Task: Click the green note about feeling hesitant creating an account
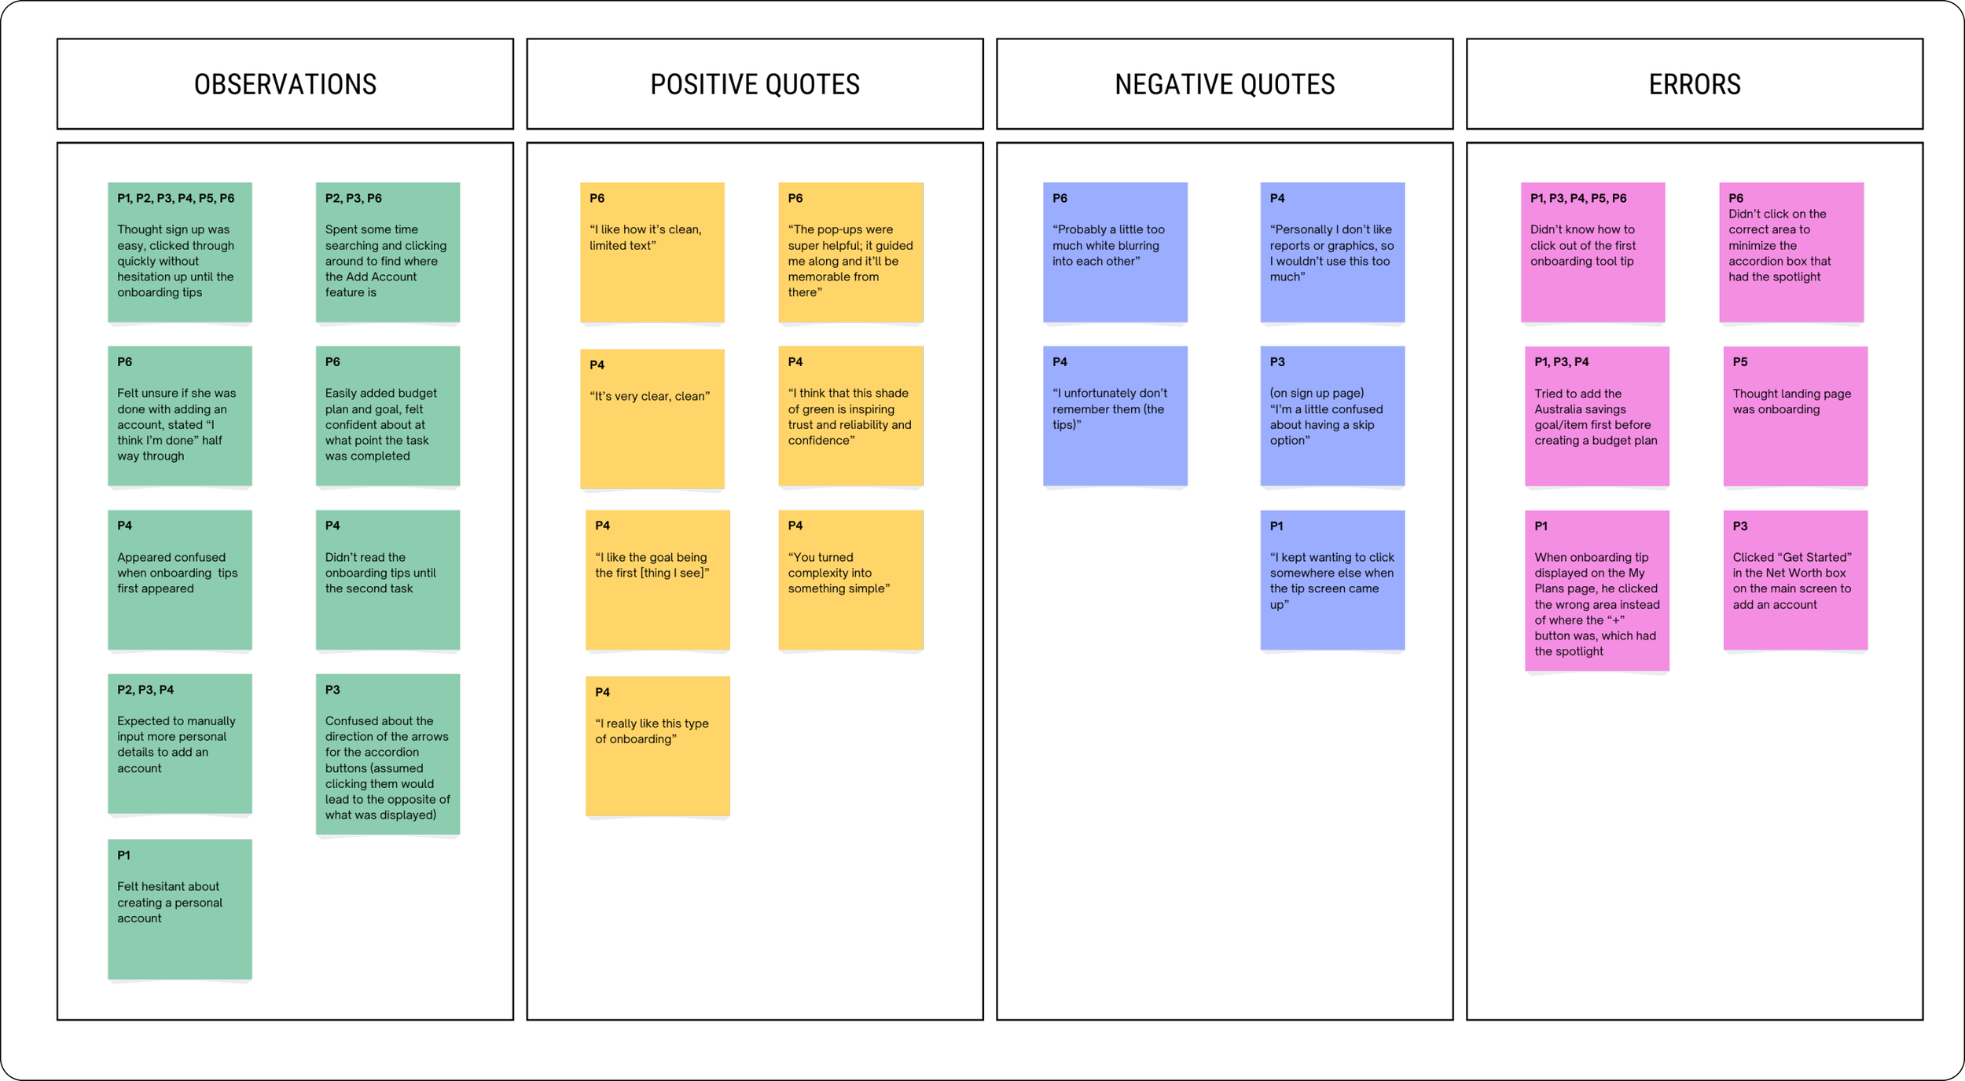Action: coord(180,910)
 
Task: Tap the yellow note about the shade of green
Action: coord(850,416)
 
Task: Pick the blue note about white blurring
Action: coord(1115,252)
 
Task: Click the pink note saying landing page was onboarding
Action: coord(1794,416)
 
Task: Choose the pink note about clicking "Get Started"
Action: coord(1794,581)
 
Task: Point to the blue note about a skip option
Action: coord(1332,416)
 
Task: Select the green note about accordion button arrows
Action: coord(387,754)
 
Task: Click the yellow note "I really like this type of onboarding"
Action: coord(658,746)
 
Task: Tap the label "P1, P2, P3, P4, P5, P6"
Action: coord(175,198)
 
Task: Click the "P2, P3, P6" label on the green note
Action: coord(354,198)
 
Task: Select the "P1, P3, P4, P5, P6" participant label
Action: coord(1578,198)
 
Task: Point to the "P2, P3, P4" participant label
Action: coord(145,690)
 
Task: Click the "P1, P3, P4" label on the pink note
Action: coord(1562,362)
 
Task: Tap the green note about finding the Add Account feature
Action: coord(387,252)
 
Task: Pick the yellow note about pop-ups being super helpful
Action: coord(850,252)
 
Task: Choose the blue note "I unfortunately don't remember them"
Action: coord(1115,416)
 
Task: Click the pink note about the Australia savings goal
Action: coord(1597,416)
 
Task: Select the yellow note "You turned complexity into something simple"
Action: coord(850,581)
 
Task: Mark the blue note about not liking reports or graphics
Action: coord(1332,252)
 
